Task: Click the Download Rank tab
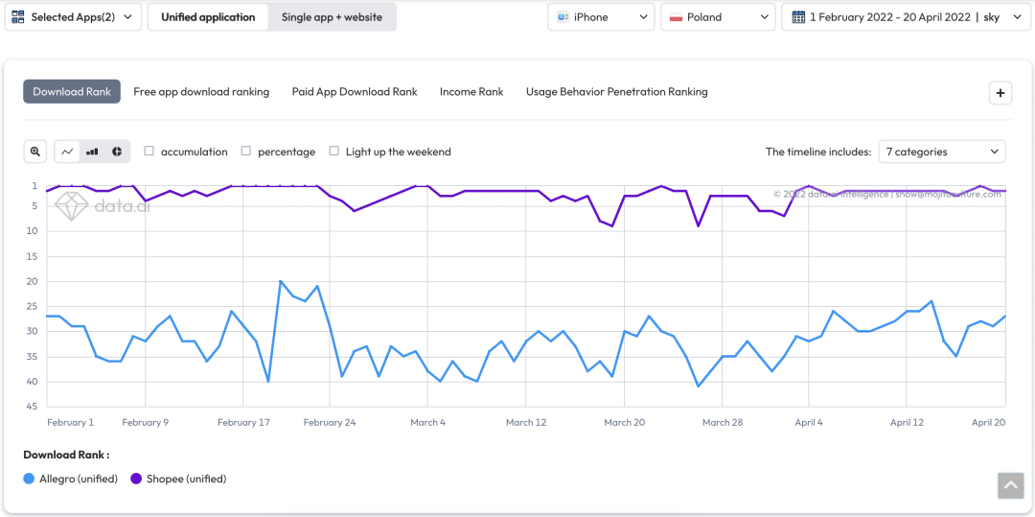coord(72,92)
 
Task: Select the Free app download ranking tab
coord(201,92)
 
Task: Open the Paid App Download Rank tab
coord(355,92)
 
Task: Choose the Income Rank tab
coord(471,92)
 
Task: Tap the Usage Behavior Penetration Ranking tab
coord(616,92)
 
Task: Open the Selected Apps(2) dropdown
coord(73,17)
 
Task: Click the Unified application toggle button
coord(208,17)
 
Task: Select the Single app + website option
coord(332,17)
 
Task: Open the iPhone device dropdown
coord(601,17)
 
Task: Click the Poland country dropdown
coord(717,17)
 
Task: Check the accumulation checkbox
coord(149,152)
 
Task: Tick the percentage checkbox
coord(246,152)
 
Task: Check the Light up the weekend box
coord(334,152)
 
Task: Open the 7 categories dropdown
coord(942,152)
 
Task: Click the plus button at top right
coord(1000,93)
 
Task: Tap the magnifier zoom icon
coord(35,152)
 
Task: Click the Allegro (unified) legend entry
coord(71,479)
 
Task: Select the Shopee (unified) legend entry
coord(178,479)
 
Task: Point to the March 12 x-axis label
coord(526,422)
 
